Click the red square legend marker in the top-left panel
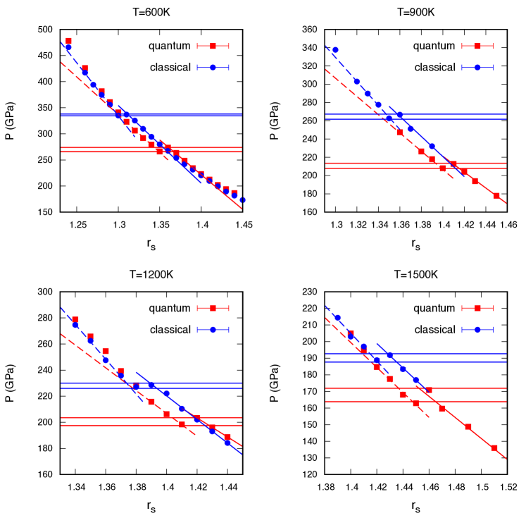click(213, 46)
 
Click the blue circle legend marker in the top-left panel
click(213, 68)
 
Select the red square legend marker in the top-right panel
click(477, 46)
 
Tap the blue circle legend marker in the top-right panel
click(477, 68)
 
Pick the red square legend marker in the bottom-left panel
click(213, 307)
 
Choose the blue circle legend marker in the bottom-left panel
click(213, 329)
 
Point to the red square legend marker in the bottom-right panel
click(477, 307)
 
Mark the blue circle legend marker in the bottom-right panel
click(477, 329)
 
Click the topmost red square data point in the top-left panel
click(68, 41)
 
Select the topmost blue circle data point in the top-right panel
click(335, 50)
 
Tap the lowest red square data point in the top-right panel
click(496, 196)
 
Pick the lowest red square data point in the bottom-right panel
click(494, 448)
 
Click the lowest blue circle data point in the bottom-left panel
click(227, 443)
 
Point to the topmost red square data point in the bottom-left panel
click(75, 319)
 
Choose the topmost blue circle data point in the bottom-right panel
click(337, 318)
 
